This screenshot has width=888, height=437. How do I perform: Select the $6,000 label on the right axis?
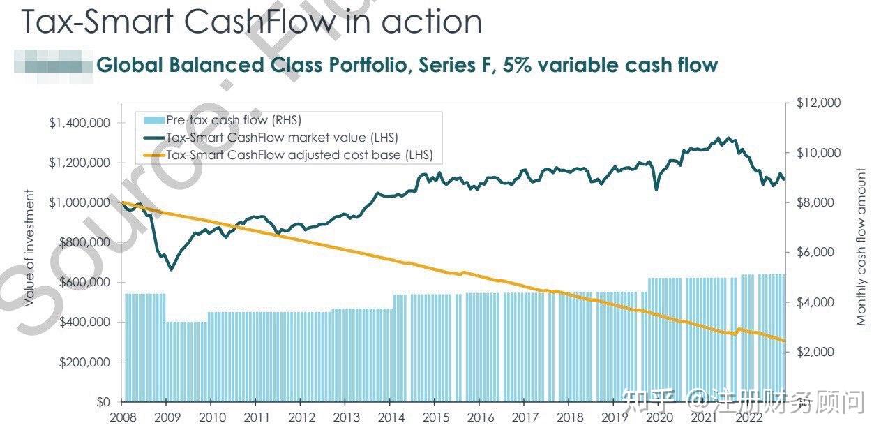(x=815, y=252)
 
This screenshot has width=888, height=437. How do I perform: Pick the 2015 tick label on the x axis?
(x=435, y=417)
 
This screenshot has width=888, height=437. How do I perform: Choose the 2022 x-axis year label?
(x=748, y=417)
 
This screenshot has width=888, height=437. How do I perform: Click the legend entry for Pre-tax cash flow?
(x=234, y=120)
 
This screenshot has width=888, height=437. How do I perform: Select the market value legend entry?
(x=282, y=138)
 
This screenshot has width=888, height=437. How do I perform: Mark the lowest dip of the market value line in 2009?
(x=171, y=269)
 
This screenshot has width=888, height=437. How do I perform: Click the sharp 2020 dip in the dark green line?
(x=656, y=189)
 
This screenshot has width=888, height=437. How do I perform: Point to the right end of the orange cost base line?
(x=784, y=341)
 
